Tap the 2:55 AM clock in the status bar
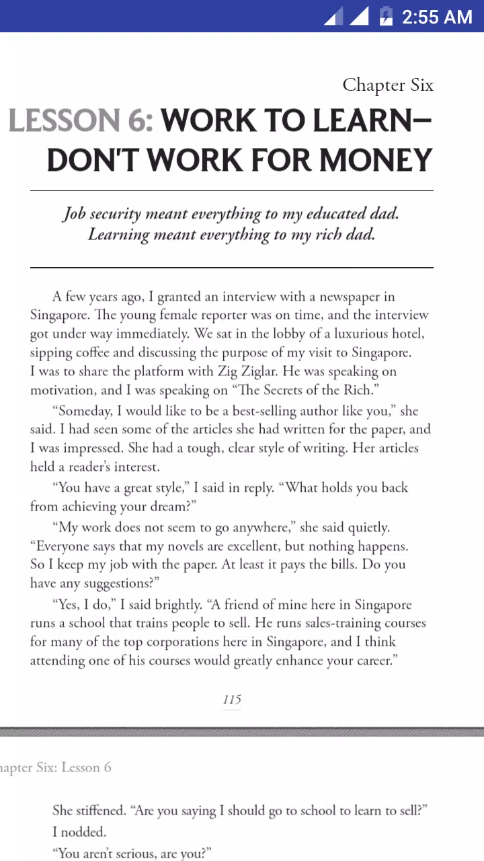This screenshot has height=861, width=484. click(437, 17)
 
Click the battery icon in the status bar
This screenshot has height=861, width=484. click(385, 16)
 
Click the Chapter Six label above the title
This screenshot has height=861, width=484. click(388, 85)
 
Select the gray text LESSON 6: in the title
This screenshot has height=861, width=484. click(81, 121)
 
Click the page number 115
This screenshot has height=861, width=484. click(232, 700)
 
